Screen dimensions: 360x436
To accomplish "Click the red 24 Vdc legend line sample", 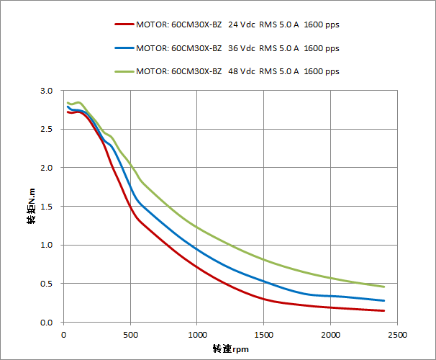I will click(123, 24).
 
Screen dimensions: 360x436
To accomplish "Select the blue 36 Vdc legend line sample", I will click(123, 48).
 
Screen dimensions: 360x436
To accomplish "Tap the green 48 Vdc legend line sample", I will click(123, 71).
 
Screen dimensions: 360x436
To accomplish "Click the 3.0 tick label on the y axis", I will click(47, 91).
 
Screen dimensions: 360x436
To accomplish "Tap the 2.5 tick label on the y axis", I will click(47, 130).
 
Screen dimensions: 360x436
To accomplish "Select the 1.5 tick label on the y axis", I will click(47, 207).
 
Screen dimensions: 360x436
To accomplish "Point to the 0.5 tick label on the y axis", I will click(47, 284).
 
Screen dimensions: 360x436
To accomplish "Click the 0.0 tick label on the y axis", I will click(47, 322).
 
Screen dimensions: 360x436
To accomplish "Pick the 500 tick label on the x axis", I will click(130, 334).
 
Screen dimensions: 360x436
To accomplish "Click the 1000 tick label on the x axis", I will click(197, 334).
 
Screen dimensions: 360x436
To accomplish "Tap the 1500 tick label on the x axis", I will click(264, 334).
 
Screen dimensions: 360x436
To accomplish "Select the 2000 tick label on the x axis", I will click(330, 334).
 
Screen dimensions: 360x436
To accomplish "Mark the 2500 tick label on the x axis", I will click(397, 334).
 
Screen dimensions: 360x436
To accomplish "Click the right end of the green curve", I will click(383, 287).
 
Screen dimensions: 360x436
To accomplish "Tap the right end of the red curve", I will click(383, 310).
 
